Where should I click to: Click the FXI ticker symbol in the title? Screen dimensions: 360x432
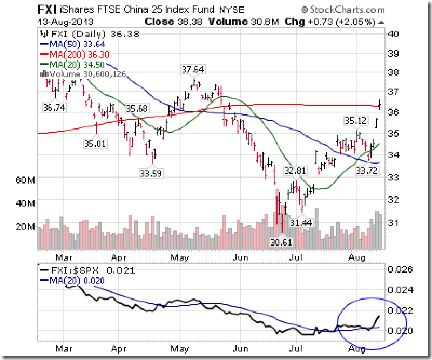tap(47, 11)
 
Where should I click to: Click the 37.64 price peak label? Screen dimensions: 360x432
tap(192, 69)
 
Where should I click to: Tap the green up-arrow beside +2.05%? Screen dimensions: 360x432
tap(382, 23)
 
